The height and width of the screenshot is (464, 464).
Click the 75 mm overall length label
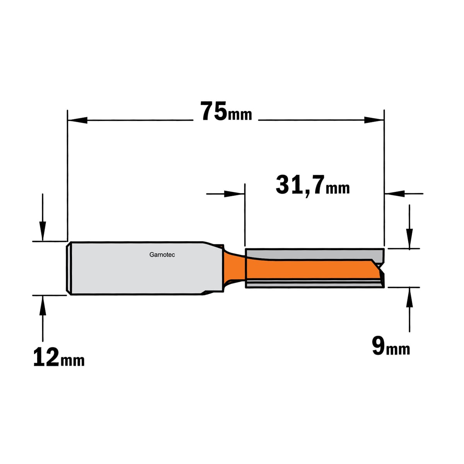(x=226, y=111)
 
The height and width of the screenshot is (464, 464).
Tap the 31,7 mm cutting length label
(x=312, y=185)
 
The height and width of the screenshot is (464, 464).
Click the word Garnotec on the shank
(x=162, y=255)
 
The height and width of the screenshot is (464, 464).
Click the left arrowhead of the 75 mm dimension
(x=78, y=120)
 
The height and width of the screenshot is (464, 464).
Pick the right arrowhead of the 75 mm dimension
(x=374, y=120)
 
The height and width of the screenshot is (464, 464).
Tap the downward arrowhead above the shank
(x=43, y=231)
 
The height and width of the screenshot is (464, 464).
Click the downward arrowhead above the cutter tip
(x=409, y=239)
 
